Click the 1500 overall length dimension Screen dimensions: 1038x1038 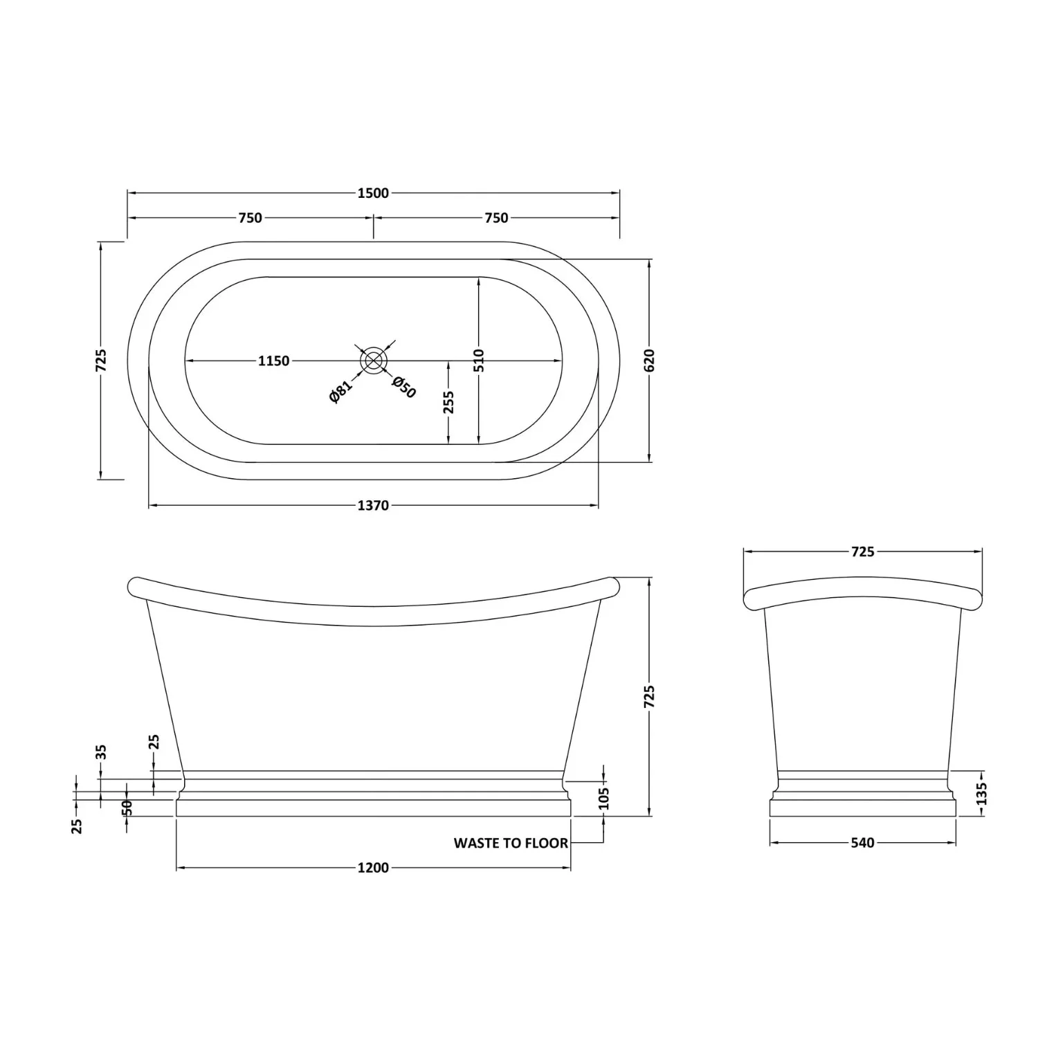pos(373,193)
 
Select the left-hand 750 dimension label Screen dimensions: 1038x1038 pos(250,218)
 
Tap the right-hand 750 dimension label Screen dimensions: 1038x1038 pos(496,218)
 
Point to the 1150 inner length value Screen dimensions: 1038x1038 pos(273,361)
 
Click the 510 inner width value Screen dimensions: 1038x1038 pos(480,361)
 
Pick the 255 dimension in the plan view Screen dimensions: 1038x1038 pos(448,403)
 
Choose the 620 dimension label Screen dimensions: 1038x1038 pos(649,361)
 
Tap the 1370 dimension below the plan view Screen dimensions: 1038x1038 pos(373,505)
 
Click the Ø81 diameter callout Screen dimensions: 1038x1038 pos(341,391)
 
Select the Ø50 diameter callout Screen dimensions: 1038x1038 pos(404,387)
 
